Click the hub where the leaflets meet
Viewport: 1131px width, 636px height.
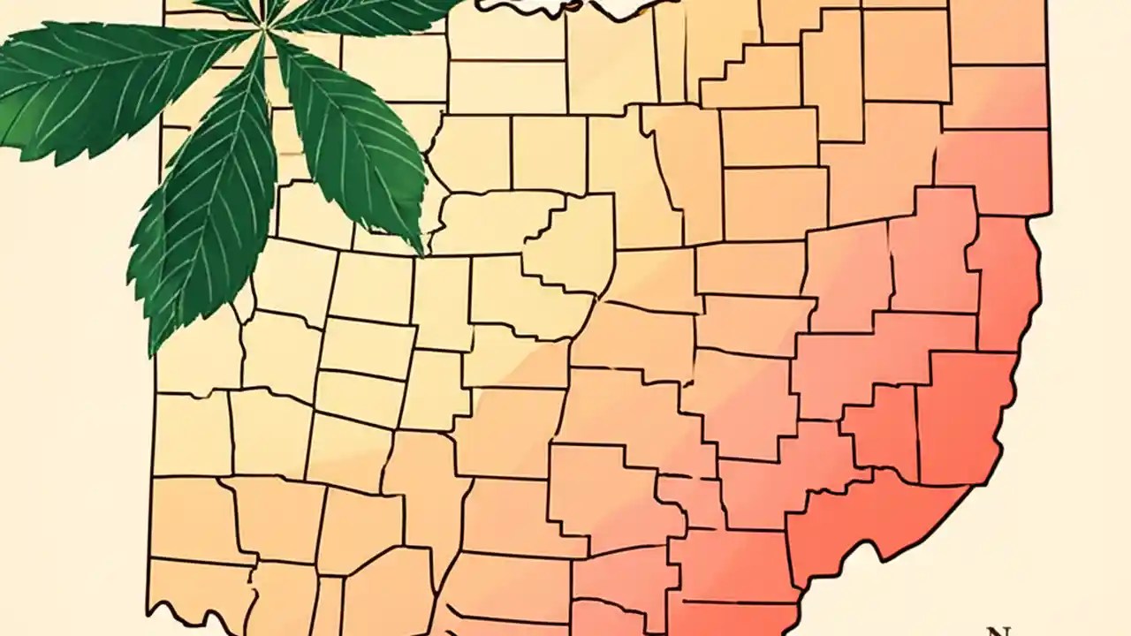tap(262, 28)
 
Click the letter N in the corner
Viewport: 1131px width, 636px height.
tap(998, 631)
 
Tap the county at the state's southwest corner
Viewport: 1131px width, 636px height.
tap(199, 592)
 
